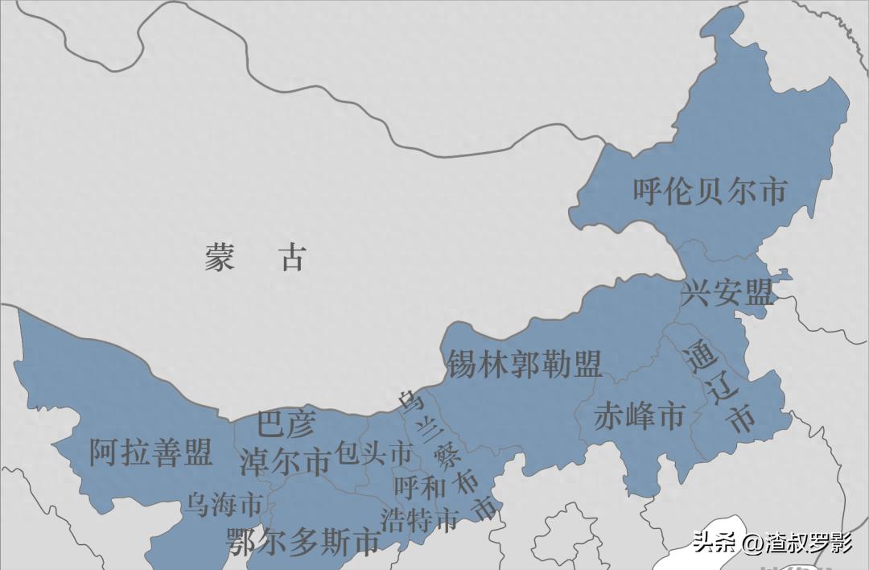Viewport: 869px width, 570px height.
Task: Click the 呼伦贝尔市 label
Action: point(709,192)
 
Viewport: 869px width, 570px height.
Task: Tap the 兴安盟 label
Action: point(727,293)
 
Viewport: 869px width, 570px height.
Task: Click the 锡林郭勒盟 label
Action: point(524,365)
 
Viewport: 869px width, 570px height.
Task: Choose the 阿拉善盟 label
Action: point(150,452)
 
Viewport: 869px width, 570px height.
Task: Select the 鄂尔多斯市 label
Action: point(303,542)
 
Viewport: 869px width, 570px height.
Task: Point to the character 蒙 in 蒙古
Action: point(219,258)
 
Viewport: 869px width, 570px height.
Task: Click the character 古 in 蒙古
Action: point(293,258)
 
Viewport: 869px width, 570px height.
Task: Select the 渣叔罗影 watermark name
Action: point(808,543)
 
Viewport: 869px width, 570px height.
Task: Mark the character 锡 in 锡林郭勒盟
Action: point(461,365)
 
